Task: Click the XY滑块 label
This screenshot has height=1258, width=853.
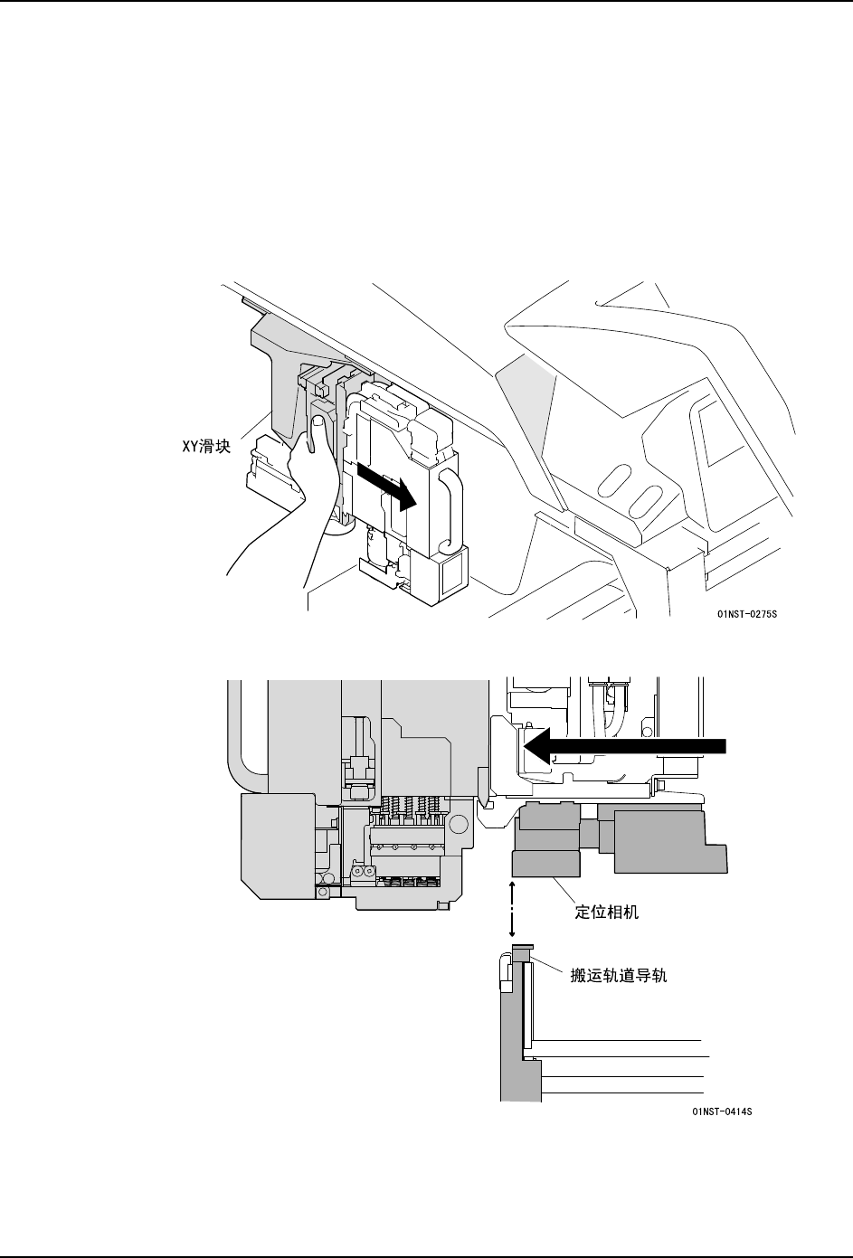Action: tap(204, 446)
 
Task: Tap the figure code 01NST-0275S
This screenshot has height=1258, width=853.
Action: tap(747, 615)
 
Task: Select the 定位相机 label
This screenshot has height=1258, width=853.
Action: tap(607, 912)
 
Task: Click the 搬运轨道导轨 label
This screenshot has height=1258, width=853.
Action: tap(619, 977)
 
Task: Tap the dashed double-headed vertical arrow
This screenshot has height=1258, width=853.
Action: tap(513, 908)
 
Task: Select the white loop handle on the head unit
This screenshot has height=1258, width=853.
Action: tap(450, 510)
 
